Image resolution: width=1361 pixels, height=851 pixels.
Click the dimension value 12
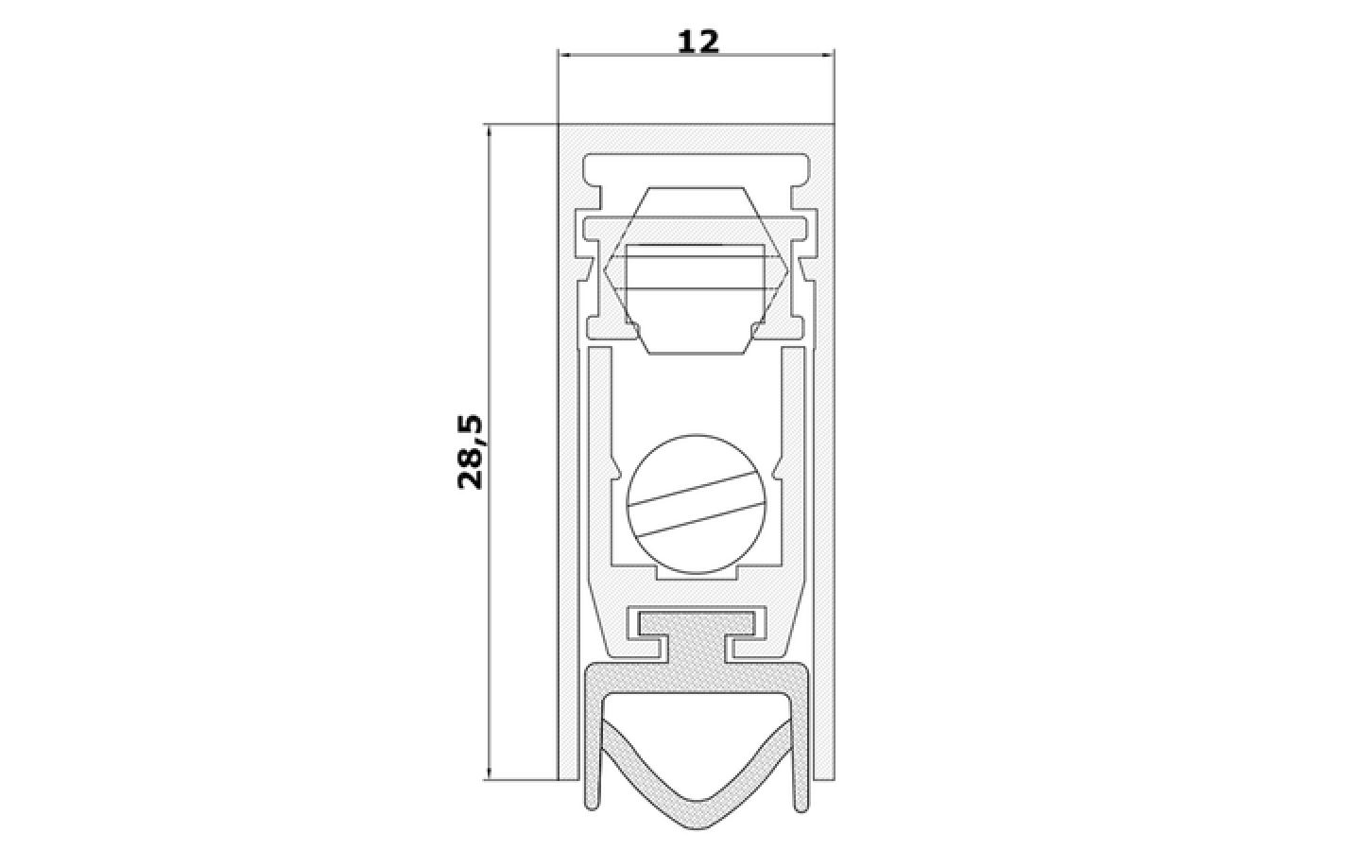698,42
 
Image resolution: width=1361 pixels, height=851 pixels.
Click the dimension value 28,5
470,452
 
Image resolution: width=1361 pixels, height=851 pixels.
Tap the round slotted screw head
697,503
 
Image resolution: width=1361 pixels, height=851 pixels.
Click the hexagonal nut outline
697,269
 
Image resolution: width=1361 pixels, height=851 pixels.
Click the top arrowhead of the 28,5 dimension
488,130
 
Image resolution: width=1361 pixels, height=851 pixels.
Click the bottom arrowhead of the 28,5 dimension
488,773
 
